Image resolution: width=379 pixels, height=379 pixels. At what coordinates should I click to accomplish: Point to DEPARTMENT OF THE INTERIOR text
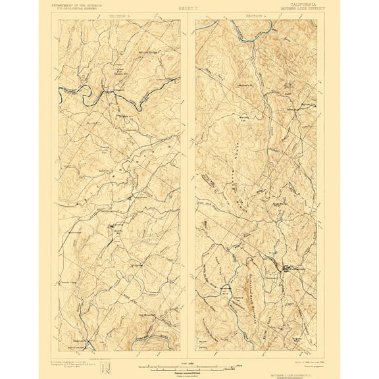pyautogui.click(x=77, y=4)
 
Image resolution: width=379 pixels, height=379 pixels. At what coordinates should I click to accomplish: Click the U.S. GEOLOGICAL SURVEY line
pyautogui.click(x=77, y=9)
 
